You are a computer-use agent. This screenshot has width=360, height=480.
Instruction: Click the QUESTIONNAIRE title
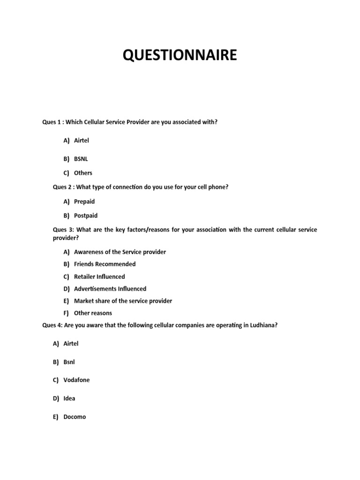(180, 55)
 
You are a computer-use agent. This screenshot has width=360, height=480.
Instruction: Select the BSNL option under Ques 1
(81, 159)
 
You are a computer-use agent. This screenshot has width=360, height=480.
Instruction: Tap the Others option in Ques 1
(83, 173)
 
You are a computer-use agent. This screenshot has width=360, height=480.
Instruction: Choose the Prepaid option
(84, 202)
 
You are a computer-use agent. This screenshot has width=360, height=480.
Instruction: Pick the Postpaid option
(86, 216)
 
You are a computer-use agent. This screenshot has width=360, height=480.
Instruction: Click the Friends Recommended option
(105, 264)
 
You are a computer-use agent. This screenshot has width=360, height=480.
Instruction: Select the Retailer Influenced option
(99, 277)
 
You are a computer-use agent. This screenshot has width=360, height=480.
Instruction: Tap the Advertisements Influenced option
(110, 289)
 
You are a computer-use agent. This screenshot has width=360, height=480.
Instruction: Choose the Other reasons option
(93, 313)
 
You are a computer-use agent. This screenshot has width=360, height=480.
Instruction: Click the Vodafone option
(76, 380)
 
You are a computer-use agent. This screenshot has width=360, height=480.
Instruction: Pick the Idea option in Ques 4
(69, 398)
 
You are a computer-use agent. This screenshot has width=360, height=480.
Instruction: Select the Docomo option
(75, 417)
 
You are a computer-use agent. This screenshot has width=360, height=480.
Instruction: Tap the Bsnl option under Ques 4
(69, 362)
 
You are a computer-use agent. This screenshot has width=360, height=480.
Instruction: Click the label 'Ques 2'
(62, 187)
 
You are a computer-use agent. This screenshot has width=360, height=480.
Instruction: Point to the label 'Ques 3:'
(63, 230)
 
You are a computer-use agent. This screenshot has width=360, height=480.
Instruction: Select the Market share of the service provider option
(123, 301)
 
